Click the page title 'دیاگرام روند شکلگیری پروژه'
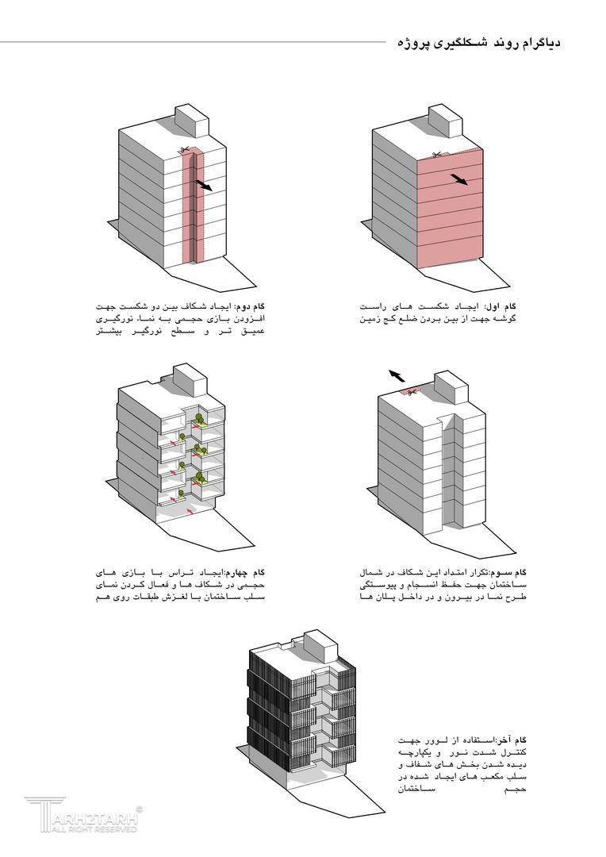tap(478, 42)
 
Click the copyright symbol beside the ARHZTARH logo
tap(140, 809)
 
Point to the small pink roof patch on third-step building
tap(412, 391)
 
